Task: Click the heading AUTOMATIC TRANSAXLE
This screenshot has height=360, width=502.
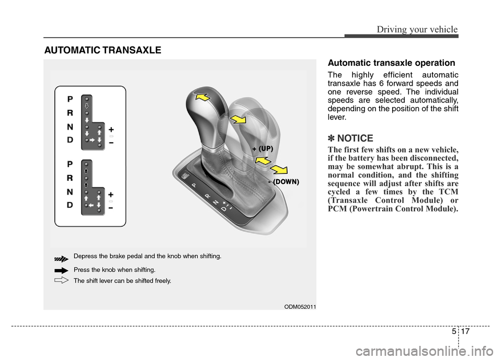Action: coord(103,51)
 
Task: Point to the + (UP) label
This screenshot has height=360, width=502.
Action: coord(263,149)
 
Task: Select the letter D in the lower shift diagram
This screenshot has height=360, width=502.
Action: coord(70,206)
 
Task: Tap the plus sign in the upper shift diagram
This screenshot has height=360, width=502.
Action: coord(111,128)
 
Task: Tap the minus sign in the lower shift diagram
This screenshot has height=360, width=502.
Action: coord(111,207)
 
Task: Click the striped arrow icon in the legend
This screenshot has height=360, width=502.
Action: coord(61,258)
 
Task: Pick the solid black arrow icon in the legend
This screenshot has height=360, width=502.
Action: coord(61,271)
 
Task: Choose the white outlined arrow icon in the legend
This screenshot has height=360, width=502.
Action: coord(61,281)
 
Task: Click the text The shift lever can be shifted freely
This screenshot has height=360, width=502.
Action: coord(122,281)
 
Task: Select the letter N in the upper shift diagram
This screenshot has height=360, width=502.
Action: coord(70,127)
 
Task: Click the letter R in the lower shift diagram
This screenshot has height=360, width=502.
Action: coord(70,178)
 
